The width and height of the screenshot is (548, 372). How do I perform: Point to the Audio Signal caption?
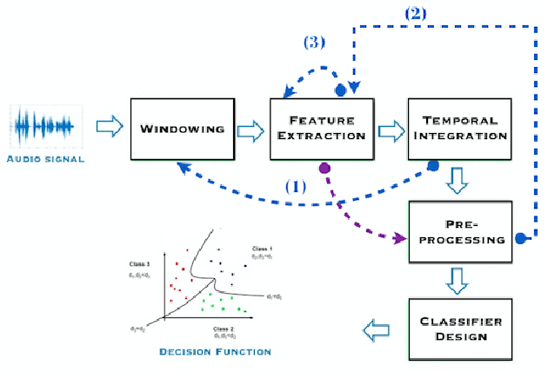[x=44, y=160]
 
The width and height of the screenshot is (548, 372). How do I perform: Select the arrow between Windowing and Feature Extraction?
[x=249, y=130]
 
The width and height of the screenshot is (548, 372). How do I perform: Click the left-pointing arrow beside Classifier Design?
[x=376, y=329]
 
